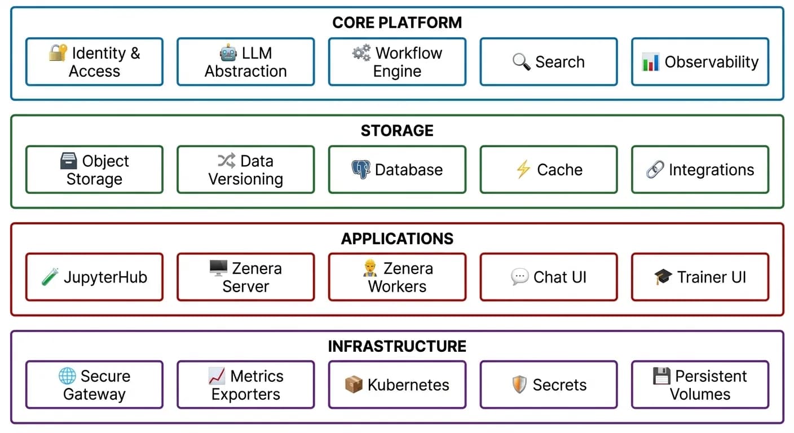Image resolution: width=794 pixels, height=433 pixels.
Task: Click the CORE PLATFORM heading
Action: click(397, 23)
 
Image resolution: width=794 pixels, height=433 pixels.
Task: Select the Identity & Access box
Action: click(94, 62)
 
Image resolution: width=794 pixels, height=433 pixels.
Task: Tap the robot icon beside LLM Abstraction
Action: click(228, 53)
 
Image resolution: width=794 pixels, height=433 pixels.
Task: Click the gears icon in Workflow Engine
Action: click(361, 53)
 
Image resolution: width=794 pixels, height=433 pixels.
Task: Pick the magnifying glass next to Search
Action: click(521, 62)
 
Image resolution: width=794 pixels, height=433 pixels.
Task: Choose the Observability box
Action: click(700, 62)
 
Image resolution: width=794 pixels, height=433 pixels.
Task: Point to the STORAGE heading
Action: click(397, 131)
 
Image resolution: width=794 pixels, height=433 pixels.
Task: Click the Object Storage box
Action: click(94, 170)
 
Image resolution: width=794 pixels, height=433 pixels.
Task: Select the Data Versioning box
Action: click(246, 170)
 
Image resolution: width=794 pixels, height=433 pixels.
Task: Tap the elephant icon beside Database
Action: click(361, 170)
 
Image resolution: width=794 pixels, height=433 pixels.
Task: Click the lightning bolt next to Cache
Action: click(523, 170)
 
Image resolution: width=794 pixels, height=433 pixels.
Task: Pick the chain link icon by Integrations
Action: click(655, 170)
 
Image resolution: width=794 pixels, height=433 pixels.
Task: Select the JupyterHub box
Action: click(94, 277)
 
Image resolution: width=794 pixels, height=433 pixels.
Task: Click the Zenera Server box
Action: click(246, 277)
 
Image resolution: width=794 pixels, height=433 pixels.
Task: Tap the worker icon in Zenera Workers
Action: click(370, 268)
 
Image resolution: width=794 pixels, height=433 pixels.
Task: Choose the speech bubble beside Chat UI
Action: click(519, 277)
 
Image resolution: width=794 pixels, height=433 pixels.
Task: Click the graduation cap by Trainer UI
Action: click(663, 277)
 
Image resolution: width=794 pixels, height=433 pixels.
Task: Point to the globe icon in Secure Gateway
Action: click(67, 376)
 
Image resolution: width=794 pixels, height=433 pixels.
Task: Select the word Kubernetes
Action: click(408, 385)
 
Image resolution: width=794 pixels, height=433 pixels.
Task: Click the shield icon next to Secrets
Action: click(519, 385)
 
